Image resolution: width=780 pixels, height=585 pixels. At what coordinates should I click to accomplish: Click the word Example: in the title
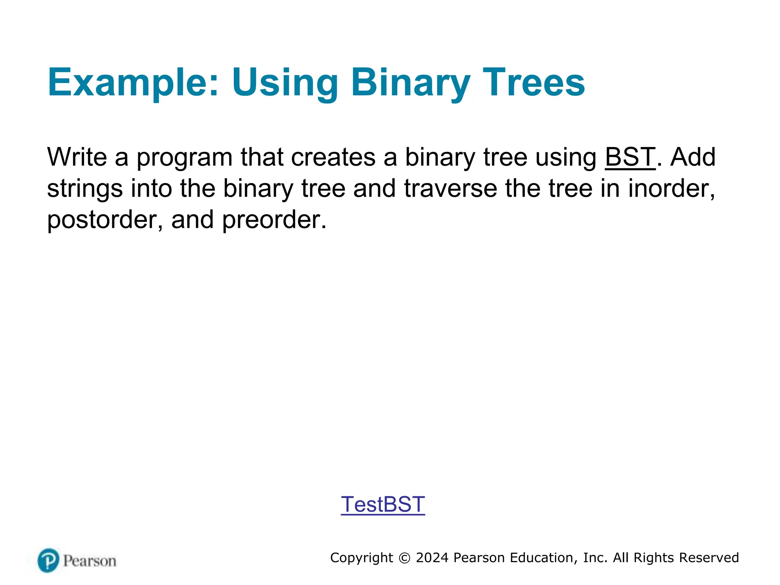[x=133, y=83]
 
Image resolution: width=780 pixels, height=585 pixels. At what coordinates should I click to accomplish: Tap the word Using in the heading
[x=285, y=83]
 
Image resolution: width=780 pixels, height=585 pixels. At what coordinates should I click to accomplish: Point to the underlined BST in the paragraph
[x=630, y=157]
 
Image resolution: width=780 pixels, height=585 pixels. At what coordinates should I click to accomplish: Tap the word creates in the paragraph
[x=333, y=157]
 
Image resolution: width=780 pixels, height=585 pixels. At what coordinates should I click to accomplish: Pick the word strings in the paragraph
[x=85, y=189]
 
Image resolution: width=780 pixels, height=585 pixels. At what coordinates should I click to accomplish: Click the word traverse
[x=451, y=188]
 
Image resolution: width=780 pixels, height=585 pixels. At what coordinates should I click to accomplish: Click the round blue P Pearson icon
[x=48, y=560]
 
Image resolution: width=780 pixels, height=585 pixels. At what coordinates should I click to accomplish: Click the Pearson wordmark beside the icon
[x=90, y=561]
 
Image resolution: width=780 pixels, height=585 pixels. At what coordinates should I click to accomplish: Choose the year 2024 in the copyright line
[x=432, y=558]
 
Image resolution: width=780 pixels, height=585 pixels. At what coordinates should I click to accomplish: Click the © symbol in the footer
[x=404, y=558]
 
